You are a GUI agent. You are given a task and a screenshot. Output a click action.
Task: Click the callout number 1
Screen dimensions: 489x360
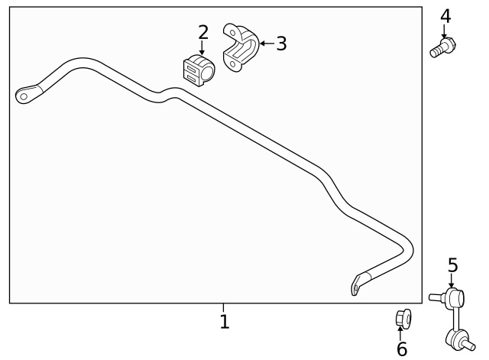pos(225,321)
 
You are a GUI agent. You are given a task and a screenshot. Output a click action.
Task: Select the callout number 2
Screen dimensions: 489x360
pos(203,32)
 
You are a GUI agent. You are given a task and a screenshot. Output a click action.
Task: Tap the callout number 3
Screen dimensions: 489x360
pos(281,44)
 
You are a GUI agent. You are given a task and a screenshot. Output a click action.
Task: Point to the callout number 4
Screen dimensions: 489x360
pos(445,16)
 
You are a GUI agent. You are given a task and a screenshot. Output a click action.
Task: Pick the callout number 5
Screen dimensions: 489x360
pos(453,265)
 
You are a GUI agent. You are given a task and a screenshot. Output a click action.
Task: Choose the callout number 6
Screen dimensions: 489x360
pos(402,349)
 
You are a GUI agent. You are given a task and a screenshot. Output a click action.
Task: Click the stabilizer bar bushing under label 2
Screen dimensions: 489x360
pos(199,70)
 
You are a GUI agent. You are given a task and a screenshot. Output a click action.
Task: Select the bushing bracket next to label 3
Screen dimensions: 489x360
pos(241,47)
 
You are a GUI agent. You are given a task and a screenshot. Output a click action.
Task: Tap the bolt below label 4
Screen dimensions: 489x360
pos(443,47)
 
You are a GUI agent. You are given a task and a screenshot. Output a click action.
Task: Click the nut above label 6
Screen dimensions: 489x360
pos(403,319)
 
